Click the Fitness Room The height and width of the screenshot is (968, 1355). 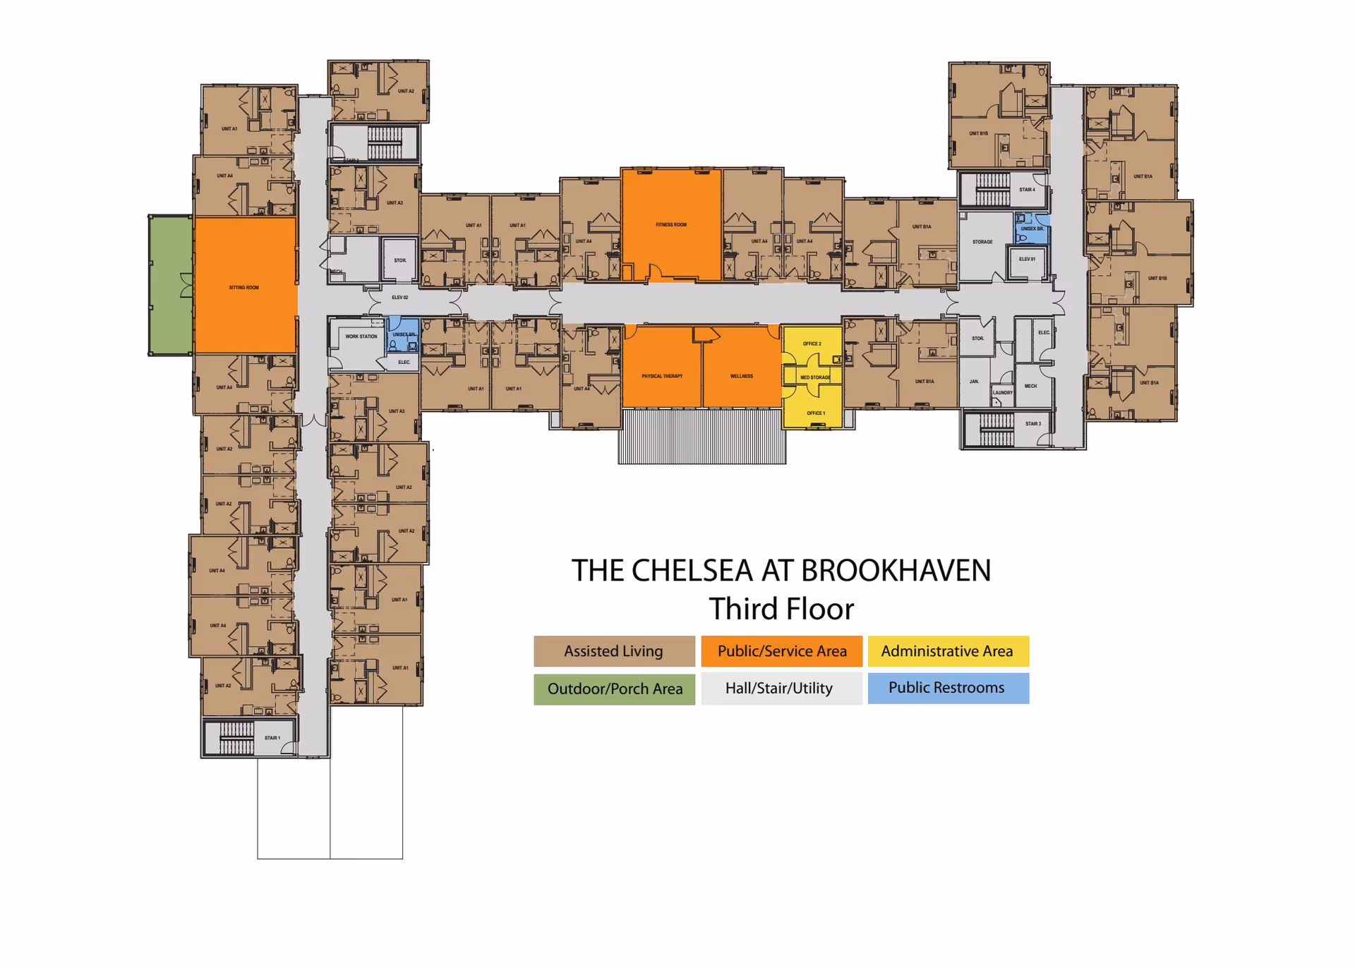click(670, 224)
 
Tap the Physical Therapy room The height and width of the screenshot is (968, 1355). click(662, 375)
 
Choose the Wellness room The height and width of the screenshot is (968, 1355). click(741, 375)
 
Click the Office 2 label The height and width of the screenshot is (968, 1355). click(812, 344)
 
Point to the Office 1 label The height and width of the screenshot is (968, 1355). click(815, 413)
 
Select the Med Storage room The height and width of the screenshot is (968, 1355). click(815, 377)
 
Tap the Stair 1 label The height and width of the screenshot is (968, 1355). click(272, 738)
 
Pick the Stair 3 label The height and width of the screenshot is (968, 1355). click(1032, 424)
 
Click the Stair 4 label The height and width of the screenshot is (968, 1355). click(1027, 190)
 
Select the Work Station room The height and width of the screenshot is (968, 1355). click(361, 337)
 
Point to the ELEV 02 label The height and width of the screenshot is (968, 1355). click(400, 298)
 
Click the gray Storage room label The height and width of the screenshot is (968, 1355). click(982, 242)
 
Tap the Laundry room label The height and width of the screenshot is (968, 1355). click(1002, 393)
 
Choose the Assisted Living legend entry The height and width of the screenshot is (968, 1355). click(614, 651)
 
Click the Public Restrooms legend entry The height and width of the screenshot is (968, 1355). click(947, 688)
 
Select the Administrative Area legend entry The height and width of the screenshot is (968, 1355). click(947, 651)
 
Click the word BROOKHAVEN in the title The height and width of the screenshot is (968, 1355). click(896, 571)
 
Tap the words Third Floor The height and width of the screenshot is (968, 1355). click(781, 609)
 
